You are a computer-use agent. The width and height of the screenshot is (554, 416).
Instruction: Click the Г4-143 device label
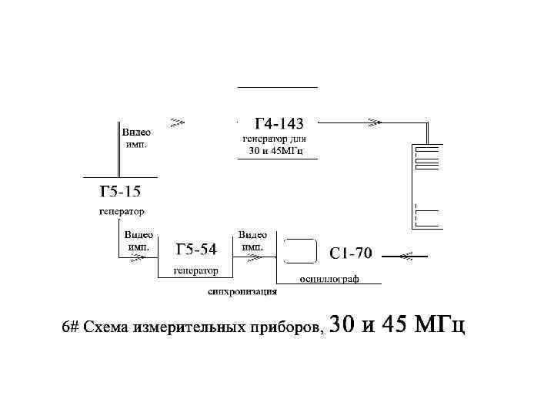click(279, 123)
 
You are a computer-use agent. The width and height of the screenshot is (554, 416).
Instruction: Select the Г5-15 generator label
click(120, 193)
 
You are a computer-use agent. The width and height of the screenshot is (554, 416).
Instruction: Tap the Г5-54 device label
click(196, 250)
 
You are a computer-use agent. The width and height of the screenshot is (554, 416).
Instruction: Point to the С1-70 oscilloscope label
click(351, 253)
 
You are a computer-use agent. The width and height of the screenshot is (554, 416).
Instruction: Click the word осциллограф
click(329, 278)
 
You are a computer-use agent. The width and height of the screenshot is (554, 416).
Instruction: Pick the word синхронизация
click(242, 292)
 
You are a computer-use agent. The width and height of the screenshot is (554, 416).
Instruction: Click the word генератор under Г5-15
click(122, 210)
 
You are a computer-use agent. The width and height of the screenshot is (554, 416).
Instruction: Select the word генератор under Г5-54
click(196, 270)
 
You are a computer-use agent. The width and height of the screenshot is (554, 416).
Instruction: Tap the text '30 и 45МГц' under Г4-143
click(276, 150)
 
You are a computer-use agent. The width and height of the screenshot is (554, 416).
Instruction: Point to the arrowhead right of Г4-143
click(375, 122)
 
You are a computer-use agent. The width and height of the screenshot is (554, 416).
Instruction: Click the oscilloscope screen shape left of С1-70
click(300, 251)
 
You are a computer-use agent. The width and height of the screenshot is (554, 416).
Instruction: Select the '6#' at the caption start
click(71, 327)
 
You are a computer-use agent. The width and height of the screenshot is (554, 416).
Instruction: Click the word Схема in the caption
click(106, 327)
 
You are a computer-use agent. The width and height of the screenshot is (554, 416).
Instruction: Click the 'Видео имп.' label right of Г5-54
click(252, 241)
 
